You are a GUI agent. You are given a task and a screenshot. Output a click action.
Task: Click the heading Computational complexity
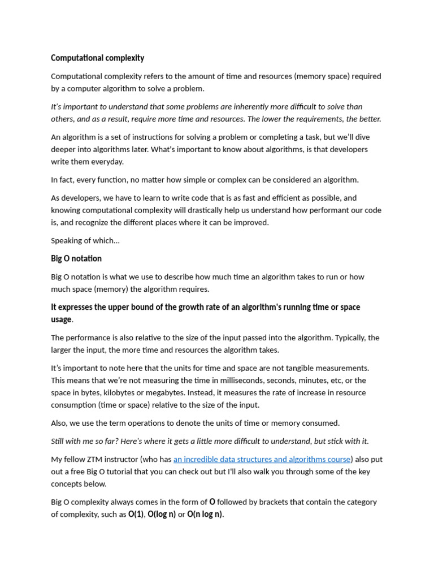(x=97, y=58)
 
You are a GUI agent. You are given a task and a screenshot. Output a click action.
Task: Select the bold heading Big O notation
(x=76, y=259)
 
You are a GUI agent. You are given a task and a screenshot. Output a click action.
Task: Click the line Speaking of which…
(x=85, y=241)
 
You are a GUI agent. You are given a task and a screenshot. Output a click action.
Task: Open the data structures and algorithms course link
(x=262, y=459)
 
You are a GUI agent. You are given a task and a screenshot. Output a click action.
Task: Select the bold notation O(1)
(x=136, y=515)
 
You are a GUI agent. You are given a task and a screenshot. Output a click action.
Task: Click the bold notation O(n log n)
(x=205, y=515)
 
